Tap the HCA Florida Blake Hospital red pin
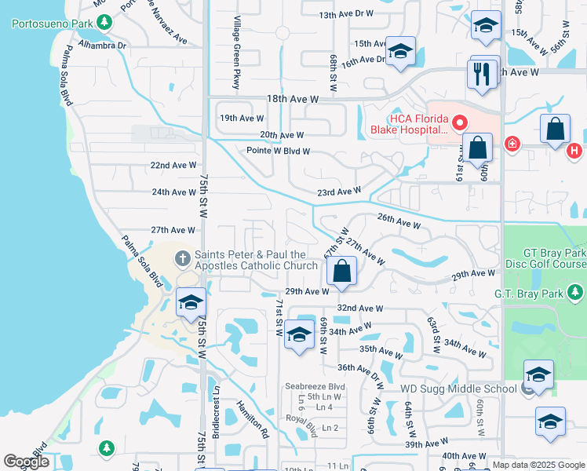[458, 122]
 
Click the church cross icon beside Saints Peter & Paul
[182, 258]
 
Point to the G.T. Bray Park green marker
[577, 293]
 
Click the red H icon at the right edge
[574, 150]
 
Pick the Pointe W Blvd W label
[279, 151]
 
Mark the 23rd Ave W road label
[338, 191]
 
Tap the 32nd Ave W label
[360, 309]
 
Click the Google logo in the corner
[27, 462]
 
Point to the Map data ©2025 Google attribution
[538, 465]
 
